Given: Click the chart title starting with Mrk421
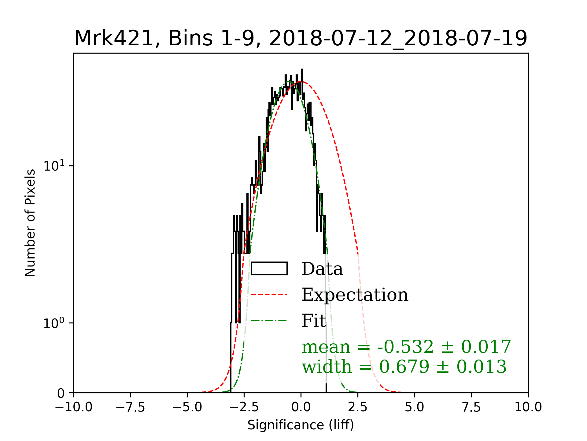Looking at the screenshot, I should click(x=301, y=39).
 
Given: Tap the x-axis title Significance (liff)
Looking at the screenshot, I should click(x=301, y=425).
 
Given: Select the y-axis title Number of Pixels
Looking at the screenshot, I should click(x=30, y=223).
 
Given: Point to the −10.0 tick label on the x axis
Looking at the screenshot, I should click(x=74, y=407).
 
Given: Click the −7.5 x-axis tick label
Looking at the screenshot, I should click(x=130, y=407).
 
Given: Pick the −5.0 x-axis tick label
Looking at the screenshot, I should click(x=187, y=407).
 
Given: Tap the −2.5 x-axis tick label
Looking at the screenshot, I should click(x=244, y=407).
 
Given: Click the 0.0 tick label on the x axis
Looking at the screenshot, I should click(x=301, y=407).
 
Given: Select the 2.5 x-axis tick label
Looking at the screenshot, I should click(x=358, y=407).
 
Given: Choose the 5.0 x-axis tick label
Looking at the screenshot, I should click(x=415, y=407).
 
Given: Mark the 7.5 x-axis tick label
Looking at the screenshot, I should click(x=471, y=407).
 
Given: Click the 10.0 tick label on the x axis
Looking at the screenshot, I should click(x=528, y=407).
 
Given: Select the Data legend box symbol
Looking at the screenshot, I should click(x=269, y=269).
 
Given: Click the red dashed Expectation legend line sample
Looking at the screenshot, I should click(x=269, y=295).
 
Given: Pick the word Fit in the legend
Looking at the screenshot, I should click(x=314, y=321).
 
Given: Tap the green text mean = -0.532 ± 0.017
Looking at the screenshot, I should click(x=406, y=347).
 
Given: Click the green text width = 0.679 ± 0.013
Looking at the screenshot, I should click(x=404, y=367).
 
